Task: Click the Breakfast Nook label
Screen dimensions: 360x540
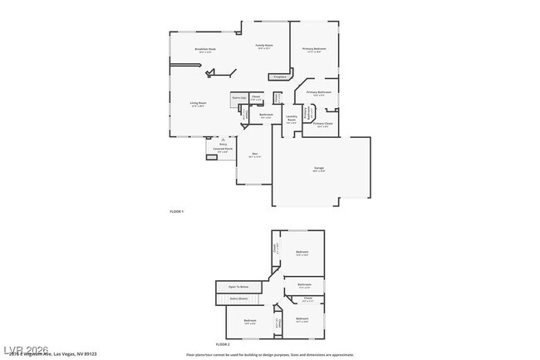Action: (205, 49)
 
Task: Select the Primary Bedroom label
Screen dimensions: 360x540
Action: (314, 49)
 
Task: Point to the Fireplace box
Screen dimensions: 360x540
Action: (279, 77)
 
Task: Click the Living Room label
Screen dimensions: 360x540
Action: (198, 103)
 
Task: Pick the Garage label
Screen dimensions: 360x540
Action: (319, 168)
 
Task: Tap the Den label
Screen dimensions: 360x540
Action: (255, 155)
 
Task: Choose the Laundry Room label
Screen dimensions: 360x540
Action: (292, 119)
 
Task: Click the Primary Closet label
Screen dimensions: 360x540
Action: (323, 123)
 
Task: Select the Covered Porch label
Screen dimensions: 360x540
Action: (223, 149)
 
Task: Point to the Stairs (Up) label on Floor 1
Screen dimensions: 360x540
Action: (238, 98)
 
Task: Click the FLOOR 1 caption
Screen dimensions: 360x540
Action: (176, 212)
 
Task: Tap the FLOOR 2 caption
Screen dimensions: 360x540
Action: (222, 343)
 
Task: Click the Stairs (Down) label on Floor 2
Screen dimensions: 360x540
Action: (238, 297)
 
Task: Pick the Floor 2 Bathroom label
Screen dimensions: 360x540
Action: (304, 284)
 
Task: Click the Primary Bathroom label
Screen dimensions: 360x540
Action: (319, 92)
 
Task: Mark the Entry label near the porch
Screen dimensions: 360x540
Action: (223, 144)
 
